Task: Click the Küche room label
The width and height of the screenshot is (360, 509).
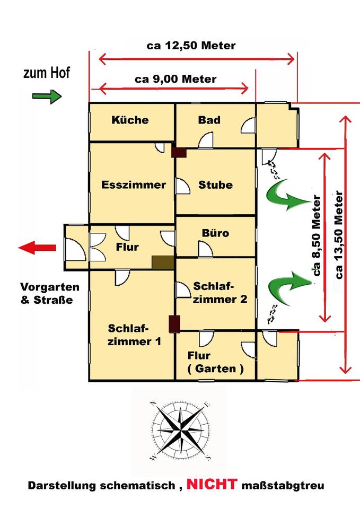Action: [130, 120]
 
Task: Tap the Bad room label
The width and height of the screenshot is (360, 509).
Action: [209, 120]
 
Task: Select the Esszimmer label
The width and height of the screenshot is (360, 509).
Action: [134, 185]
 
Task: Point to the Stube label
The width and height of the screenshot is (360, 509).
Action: [216, 185]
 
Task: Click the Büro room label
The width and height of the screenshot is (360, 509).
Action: [216, 233]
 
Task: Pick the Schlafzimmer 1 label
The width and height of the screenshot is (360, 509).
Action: [134, 335]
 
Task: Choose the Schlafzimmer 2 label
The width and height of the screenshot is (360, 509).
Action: [220, 293]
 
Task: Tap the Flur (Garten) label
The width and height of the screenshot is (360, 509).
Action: [216, 362]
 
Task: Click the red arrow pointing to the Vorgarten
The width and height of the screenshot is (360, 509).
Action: [37, 248]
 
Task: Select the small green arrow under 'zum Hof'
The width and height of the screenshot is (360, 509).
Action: [47, 96]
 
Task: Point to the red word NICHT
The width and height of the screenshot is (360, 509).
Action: [212, 484]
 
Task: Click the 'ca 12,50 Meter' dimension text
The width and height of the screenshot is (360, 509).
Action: [191, 46]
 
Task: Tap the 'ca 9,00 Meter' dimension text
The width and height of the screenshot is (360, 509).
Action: [175, 79]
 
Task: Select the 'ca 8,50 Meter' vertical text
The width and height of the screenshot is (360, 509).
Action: [317, 235]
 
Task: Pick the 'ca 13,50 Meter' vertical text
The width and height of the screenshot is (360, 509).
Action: [339, 235]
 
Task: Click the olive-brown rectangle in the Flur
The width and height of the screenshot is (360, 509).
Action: [163, 262]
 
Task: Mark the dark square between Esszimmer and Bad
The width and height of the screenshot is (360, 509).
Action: [179, 153]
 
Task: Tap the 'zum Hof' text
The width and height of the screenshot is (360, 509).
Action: [47, 73]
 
